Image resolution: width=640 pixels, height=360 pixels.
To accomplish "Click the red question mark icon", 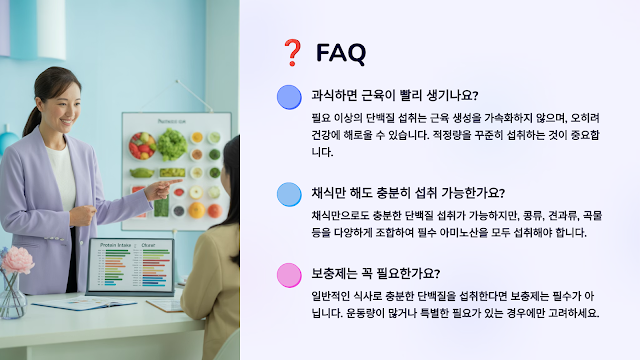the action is [x=292, y=53].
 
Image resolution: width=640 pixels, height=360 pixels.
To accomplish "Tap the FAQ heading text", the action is [x=341, y=53].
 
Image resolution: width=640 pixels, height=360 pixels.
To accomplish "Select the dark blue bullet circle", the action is [x=289, y=97].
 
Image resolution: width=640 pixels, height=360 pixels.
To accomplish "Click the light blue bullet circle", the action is [x=289, y=194].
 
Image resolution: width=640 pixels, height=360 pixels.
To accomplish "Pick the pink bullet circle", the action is [x=289, y=275].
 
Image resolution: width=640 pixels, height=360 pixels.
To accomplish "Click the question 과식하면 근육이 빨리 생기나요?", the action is [x=395, y=95].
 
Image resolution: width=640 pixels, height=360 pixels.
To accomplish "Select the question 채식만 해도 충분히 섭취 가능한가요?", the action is [x=408, y=192].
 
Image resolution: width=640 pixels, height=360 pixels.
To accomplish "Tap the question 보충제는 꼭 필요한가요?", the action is [x=376, y=273].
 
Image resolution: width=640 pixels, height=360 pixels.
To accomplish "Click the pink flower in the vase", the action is [x=18, y=260].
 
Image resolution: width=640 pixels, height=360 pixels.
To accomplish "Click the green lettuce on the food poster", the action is [x=172, y=144].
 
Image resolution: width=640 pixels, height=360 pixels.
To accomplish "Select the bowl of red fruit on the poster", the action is [x=142, y=145].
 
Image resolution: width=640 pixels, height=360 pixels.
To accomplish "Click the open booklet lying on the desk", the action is [x=84, y=304].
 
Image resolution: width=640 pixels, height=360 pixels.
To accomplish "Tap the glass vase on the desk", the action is [x=12, y=296].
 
